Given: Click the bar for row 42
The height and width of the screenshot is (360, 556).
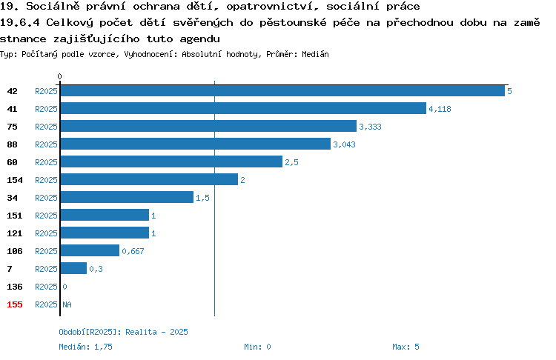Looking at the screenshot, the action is tap(282, 90).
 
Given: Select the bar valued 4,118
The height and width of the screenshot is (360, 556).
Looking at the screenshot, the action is tap(243, 108).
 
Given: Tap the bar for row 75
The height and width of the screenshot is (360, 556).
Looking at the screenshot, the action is tap(208, 126).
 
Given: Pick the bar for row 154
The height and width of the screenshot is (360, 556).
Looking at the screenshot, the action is tap(149, 179).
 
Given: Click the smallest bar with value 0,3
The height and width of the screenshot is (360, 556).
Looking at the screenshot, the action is tap(73, 268).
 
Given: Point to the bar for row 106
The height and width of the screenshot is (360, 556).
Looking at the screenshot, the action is tap(90, 250).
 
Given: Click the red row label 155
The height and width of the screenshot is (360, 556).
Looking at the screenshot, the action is tap(15, 304).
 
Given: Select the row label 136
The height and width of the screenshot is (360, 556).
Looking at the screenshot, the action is tap(15, 287).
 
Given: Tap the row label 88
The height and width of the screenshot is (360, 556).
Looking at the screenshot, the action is tap(12, 144).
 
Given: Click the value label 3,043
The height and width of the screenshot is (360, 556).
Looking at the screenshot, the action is tap(344, 144).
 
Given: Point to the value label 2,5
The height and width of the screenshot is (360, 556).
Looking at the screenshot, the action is tap(291, 162).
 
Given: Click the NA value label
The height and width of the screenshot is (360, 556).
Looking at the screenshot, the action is tap(67, 304).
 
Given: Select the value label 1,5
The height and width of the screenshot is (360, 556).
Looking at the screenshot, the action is tap(202, 198).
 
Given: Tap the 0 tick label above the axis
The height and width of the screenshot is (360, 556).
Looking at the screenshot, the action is tap(59, 76).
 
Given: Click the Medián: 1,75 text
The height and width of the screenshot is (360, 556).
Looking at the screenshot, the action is tap(85, 347).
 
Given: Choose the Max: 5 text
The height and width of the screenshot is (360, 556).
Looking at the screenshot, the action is tap(406, 347).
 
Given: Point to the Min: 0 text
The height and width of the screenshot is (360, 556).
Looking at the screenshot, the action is tap(257, 347).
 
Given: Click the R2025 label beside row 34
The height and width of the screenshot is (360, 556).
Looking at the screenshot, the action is tap(46, 198).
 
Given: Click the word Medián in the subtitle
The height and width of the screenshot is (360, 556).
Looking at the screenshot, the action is tap(315, 54).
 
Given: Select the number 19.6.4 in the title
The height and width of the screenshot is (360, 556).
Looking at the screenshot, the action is tap(20, 23).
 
